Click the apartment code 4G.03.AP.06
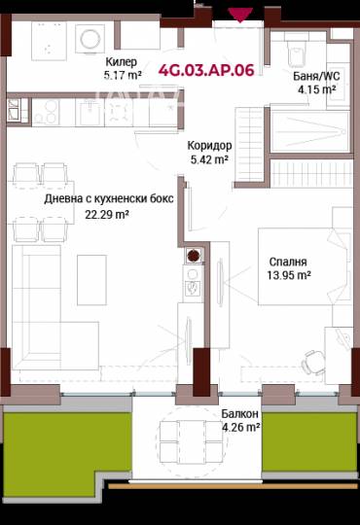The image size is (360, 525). coord(206,70)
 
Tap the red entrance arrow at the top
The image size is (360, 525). coord(240,15)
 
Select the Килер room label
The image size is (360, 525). coord(122,62)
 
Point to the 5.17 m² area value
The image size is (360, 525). coord(123,75)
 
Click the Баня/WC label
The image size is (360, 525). coord(316,76)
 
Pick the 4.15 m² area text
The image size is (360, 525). coord(317,89)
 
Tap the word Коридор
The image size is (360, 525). coord(209,146)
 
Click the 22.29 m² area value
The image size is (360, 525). coord(107,214)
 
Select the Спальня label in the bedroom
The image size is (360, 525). coord(288,262)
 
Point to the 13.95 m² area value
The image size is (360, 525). coord(289,275)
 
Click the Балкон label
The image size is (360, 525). coord(239,414)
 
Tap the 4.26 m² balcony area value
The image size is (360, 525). coord(241,427)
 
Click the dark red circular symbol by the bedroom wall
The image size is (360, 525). coord(193,256)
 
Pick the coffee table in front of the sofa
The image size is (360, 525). coord(91,280)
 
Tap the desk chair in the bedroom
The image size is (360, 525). coord(314,363)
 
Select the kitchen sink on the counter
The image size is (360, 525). coord(90,112)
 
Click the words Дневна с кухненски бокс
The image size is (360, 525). coord(109,199)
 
